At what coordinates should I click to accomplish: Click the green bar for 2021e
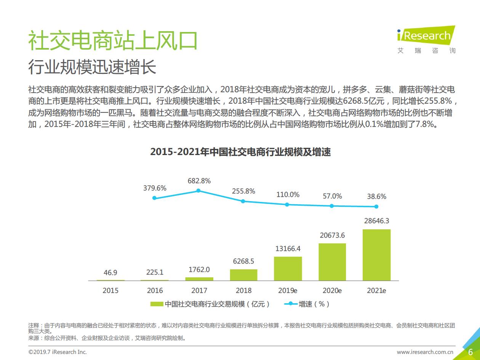pyautogui.click(x=376, y=255)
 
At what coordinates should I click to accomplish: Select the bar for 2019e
pyautogui.click(x=288, y=269)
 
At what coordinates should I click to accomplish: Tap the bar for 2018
pyautogui.click(x=243, y=275)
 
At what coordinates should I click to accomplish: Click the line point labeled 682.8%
pyautogui.click(x=198, y=191)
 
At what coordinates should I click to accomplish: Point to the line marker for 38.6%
pyautogui.click(x=376, y=206)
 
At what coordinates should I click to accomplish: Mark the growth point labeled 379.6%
pyautogui.click(x=154, y=198)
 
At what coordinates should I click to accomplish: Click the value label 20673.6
pyautogui.click(x=332, y=235)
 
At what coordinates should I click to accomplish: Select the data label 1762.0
pyautogui.click(x=199, y=270)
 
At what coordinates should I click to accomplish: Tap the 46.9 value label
pyautogui.click(x=110, y=272)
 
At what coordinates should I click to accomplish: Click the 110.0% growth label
pyautogui.click(x=288, y=195)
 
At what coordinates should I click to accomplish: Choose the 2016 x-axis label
pyautogui.click(x=155, y=291)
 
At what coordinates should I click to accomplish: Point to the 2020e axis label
pyautogui.click(x=332, y=291)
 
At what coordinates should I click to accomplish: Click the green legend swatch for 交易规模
pyautogui.click(x=157, y=304)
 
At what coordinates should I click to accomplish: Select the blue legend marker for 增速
pyautogui.click(x=291, y=304)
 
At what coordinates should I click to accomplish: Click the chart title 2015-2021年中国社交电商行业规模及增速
pyautogui.click(x=240, y=152)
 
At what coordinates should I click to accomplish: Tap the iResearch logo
pyautogui.click(x=426, y=39)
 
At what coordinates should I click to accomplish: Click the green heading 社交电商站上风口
pyautogui.click(x=113, y=40)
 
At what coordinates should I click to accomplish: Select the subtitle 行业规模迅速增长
pyautogui.click(x=92, y=67)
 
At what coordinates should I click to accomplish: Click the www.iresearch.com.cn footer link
pyautogui.click(x=425, y=352)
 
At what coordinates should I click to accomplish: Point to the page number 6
pyautogui.click(x=470, y=352)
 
